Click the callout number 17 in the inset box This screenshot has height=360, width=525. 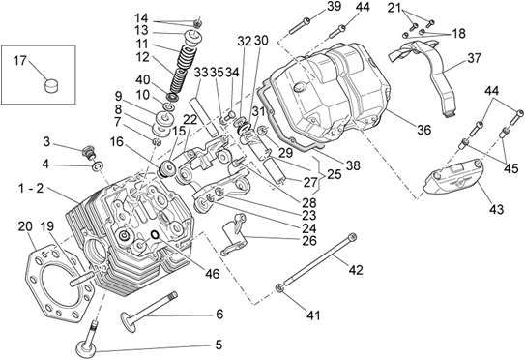coord(19,61)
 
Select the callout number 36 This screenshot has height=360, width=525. coord(423,130)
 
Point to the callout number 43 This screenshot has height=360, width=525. coord(496,209)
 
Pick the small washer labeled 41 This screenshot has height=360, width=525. coord(279,288)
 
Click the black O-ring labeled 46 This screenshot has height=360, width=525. coord(155,235)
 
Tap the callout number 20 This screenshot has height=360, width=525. coord(25,226)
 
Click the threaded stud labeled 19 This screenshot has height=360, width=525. coord(82,280)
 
